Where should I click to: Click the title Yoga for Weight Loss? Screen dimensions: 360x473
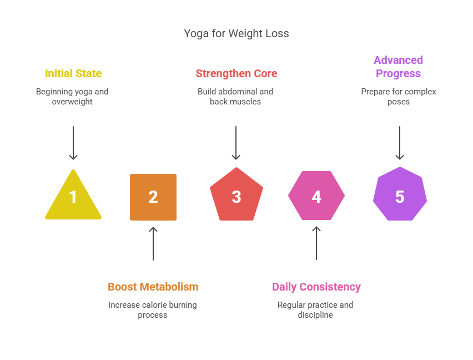pos(236,33)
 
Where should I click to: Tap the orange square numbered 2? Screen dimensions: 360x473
pos(153,197)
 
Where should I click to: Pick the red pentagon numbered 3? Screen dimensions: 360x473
pos(236,196)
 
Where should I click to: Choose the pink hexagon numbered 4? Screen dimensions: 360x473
pos(316,196)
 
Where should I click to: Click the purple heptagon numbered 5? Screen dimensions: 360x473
pos(400,195)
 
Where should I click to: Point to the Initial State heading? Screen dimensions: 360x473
pos(73,73)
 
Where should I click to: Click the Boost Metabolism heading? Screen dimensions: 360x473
pos(153,287)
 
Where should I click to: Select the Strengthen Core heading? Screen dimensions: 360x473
pos(236,73)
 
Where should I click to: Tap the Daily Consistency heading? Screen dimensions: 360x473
pos(316,287)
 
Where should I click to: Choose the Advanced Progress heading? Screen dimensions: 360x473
pos(399,67)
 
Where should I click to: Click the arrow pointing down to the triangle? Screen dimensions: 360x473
pos(73,143)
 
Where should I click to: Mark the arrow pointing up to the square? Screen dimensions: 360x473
pos(153,243)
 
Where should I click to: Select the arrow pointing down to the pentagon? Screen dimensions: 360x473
pos(236,143)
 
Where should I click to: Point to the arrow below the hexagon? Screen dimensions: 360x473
pos(316,243)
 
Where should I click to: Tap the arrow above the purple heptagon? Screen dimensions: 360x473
pos(400,143)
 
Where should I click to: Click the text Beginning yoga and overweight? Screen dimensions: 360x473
pos(72,97)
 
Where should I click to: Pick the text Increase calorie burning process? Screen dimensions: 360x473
pos(153,310)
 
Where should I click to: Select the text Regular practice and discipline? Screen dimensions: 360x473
pos(315,310)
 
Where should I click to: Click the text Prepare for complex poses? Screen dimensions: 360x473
pos(399,97)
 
